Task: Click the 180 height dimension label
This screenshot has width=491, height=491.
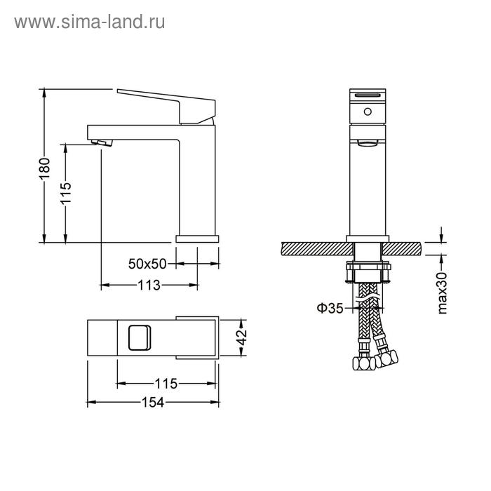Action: pyautogui.click(x=44, y=168)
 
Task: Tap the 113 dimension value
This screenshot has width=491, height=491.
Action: pyautogui.click(x=149, y=285)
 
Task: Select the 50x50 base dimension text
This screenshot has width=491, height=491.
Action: pyautogui.click(x=147, y=264)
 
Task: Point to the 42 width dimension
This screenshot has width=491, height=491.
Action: pyautogui.click(x=242, y=337)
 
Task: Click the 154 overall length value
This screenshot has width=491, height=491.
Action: pyautogui.click(x=153, y=403)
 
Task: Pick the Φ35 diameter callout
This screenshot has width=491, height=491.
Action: pyautogui.click(x=330, y=308)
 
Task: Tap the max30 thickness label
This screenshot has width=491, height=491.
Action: pyautogui.click(x=442, y=293)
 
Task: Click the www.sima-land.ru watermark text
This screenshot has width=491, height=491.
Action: pyautogui.click(x=90, y=22)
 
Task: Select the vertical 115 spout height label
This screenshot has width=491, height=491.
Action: pyautogui.click(x=66, y=192)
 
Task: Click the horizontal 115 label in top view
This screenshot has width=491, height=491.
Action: pyautogui.click(x=166, y=383)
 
